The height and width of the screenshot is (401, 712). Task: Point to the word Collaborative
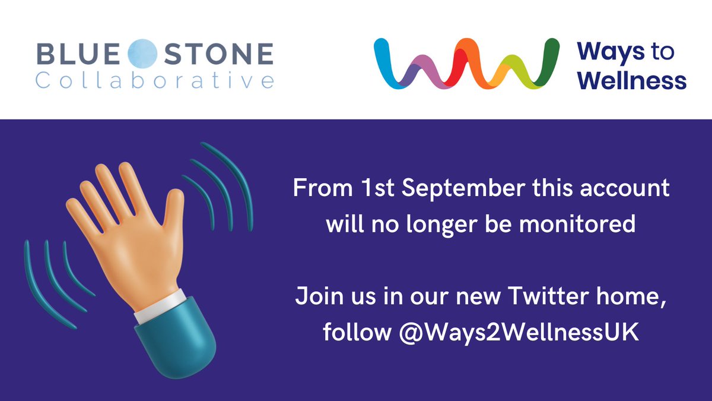154,80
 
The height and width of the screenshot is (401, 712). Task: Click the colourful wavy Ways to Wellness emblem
466,64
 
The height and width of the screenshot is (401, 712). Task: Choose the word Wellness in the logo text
632,80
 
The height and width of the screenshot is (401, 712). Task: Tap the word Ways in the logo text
611,52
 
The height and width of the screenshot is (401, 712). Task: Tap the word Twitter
538,296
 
